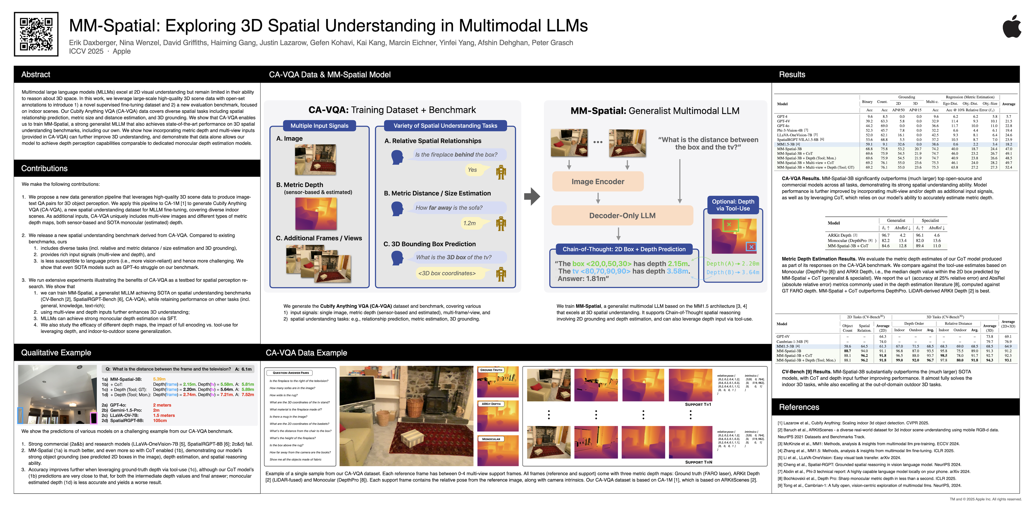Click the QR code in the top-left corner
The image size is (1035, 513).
36,34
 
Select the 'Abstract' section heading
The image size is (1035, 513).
36,74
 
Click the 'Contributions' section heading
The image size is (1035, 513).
44,168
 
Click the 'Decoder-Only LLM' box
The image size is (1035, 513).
622,216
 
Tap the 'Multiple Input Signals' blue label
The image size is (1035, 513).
319,126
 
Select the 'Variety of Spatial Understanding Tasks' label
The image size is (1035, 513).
445,126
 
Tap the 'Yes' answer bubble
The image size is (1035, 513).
472,170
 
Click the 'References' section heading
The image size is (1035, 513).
799,407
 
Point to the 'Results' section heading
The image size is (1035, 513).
792,74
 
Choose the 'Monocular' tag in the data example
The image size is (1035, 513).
491,439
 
